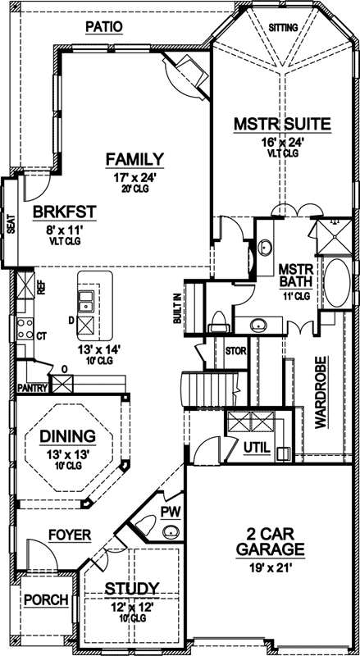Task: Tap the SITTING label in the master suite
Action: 284,27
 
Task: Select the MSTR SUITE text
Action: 281,125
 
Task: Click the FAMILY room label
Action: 134,159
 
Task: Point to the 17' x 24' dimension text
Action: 134,176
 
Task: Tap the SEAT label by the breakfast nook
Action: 11,224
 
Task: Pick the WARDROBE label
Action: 321,392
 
